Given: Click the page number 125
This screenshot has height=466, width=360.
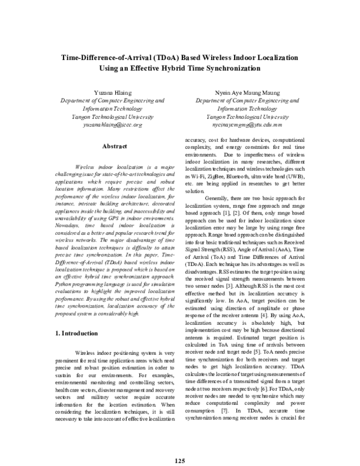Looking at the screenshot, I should coord(180,444).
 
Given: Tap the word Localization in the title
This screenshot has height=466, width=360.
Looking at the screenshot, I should coord(272,58).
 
